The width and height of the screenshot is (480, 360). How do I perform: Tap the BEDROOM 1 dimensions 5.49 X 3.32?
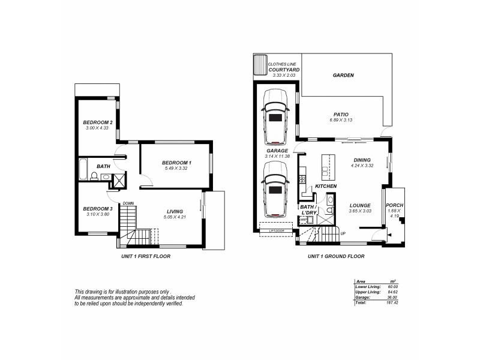[x=176, y=169]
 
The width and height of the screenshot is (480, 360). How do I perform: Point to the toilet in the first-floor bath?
[x=94, y=176]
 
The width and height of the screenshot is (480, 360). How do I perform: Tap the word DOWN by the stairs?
[x=128, y=203]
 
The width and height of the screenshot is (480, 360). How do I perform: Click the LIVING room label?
[x=175, y=211]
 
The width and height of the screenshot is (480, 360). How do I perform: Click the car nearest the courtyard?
[x=275, y=113]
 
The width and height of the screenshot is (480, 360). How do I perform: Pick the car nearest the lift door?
[x=275, y=195]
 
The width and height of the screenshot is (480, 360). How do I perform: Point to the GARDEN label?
[x=343, y=76]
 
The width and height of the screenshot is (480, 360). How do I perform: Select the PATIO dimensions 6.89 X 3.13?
[x=343, y=121]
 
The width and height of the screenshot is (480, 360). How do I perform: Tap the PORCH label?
[x=394, y=205]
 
